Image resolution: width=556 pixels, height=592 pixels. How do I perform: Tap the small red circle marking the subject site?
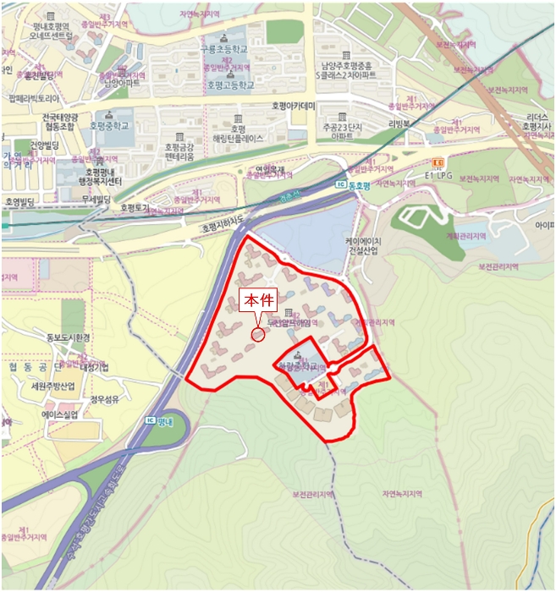[x=258, y=335]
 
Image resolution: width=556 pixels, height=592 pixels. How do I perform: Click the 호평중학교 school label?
[x=111, y=125]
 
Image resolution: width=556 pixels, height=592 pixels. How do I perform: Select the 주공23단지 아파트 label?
[x=342, y=130]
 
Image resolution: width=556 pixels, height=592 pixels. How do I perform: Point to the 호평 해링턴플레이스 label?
[x=239, y=132]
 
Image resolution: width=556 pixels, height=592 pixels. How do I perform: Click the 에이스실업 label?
[x=59, y=414]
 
